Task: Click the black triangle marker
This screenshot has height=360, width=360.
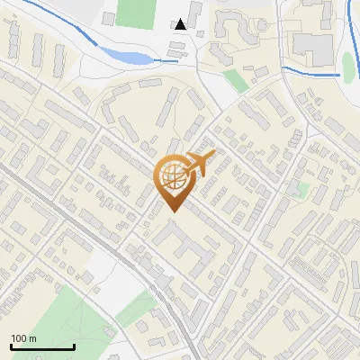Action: pos(181,25)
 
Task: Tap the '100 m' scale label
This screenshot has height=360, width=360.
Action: pos(23,338)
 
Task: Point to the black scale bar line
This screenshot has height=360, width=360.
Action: pos(41,346)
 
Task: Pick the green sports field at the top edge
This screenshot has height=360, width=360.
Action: pos(135,13)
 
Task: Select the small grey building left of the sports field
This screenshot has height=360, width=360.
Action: pos(108,19)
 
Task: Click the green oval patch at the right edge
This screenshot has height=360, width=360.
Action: pos(348,65)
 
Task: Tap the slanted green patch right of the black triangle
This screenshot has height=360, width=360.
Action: pos(236,80)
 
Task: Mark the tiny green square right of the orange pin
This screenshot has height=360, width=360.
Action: pos(303,190)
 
